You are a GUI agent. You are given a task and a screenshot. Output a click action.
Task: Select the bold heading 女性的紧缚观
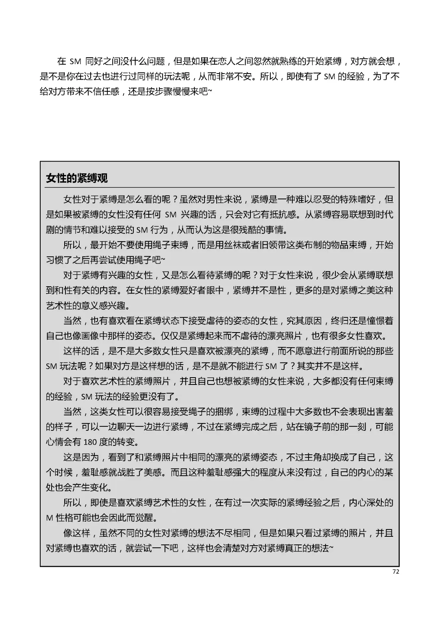[x=77, y=178]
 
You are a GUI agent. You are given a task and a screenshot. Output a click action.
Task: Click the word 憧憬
[x=366, y=321]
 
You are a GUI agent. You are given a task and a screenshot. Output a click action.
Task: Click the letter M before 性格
[x=50, y=518]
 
